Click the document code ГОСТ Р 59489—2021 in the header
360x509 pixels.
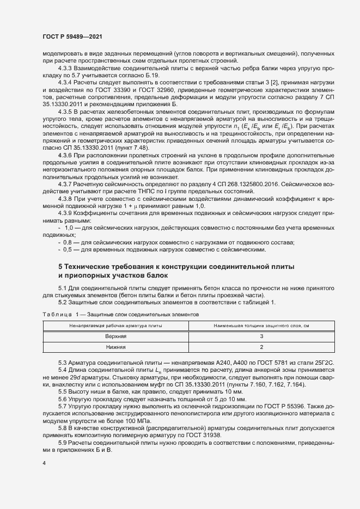point(71,36)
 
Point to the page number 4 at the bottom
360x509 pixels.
point(44,463)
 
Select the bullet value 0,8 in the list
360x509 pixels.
point(68,242)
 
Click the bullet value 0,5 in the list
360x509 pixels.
point(68,249)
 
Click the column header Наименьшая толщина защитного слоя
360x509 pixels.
point(261,326)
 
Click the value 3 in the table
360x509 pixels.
point(261,336)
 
